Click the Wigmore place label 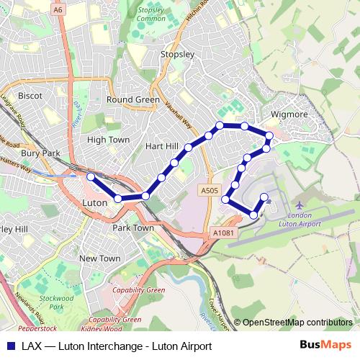289,114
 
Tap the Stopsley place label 178,55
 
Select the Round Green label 132,99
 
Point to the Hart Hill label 161,146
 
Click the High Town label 108,140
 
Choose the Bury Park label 41,153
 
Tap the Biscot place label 30,96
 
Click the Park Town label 133,228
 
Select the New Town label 100,258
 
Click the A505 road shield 209,190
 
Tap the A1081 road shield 224,233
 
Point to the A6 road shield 58,9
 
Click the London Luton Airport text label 305,220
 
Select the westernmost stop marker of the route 91,176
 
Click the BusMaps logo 326,346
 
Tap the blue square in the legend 10,346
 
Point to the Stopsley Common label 151,14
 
